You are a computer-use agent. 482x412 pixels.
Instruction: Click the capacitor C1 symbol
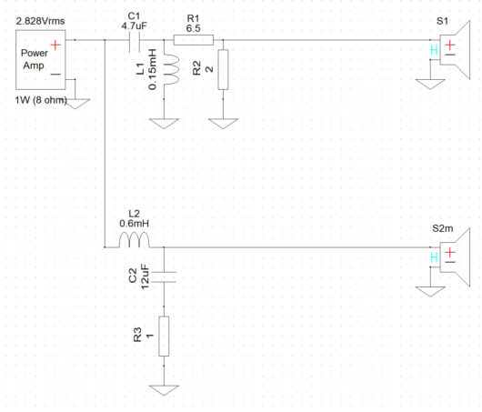click(x=134, y=41)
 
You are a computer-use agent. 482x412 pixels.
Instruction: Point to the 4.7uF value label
click(x=134, y=26)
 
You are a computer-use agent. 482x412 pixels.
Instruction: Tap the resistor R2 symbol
click(x=221, y=70)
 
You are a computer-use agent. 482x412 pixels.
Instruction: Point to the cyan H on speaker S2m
click(x=434, y=258)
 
